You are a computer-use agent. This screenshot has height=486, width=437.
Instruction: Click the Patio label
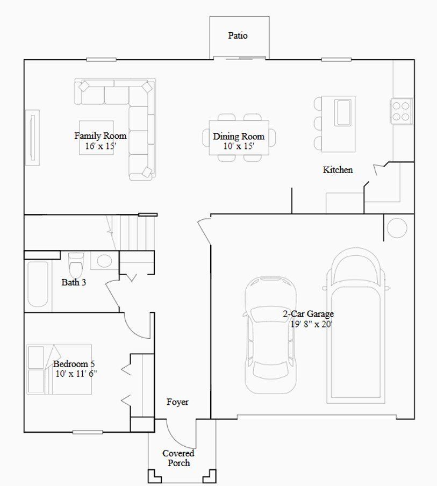click(238, 35)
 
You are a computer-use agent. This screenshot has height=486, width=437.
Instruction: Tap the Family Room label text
click(100, 136)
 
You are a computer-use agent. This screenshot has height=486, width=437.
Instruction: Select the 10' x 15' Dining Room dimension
click(239, 146)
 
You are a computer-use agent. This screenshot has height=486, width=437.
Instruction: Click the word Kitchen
click(338, 170)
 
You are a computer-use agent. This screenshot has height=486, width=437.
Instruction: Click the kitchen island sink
click(343, 111)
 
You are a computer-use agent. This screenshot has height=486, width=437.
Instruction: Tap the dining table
click(239, 137)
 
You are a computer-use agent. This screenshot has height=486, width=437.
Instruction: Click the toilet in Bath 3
click(76, 264)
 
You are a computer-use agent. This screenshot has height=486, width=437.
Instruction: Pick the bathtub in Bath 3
click(38, 284)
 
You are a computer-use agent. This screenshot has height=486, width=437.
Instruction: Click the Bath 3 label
click(74, 282)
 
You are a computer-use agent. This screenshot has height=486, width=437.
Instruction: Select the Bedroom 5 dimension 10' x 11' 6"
click(75, 373)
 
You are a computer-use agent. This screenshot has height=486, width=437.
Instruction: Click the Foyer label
click(177, 402)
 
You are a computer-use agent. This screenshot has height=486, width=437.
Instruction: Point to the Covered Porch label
click(178, 458)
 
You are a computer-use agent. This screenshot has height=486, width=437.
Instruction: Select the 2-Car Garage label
click(309, 314)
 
